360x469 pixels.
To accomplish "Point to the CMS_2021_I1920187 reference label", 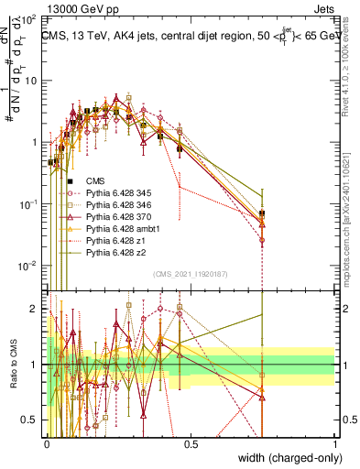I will pyautogui.click(x=191, y=274).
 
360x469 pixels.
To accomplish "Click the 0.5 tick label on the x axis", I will pyautogui.click(x=191, y=443).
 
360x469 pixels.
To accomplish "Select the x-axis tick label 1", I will pyautogui.click(x=334, y=443).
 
